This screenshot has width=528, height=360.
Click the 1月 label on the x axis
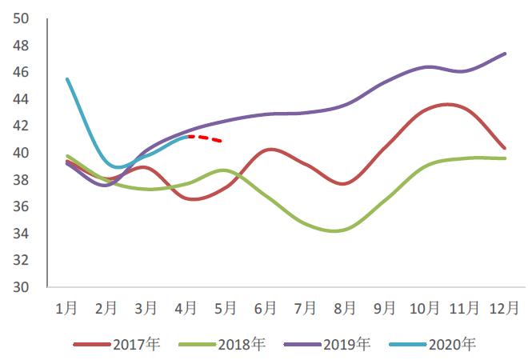point(66,307)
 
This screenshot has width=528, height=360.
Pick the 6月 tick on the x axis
point(266,307)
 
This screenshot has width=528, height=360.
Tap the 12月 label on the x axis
point(503,307)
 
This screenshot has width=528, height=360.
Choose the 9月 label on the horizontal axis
point(385,307)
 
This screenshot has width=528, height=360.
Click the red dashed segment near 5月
point(210,139)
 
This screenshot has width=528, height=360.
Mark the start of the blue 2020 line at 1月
point(66,78)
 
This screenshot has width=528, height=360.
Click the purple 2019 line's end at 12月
point(505,54)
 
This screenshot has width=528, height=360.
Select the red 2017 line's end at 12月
point(505,148)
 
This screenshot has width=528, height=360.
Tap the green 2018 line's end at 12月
point(505,158)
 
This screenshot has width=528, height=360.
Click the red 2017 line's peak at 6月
point(270,150)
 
